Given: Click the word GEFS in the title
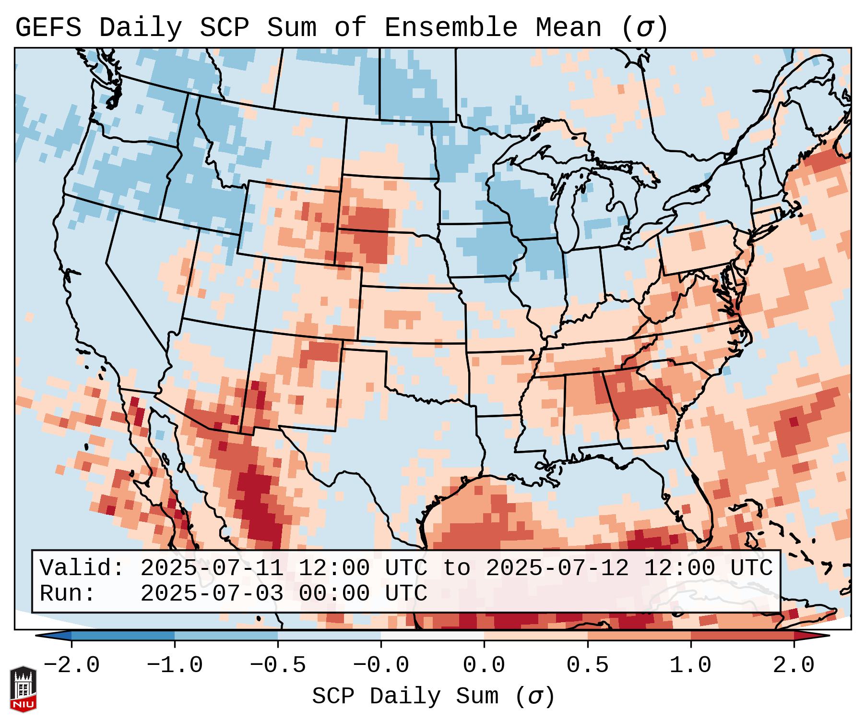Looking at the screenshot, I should (x=48, y=28).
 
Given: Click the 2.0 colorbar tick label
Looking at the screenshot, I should (x=794, y=665).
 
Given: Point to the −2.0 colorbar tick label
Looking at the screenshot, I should (x=71, y=665).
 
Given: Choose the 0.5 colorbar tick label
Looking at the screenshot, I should (x=587, y=665).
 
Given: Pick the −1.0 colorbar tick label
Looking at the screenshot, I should (x=175, y=665).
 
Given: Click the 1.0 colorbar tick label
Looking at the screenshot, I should (x=690, y=665).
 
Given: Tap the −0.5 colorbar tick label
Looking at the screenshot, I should (x=278, y=665).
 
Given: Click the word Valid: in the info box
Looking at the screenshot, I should (x=82, y=568).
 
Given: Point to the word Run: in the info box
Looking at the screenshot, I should (x=67, y=594).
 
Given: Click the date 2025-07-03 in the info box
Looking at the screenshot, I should (x=212, y=594).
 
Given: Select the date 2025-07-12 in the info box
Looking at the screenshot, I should (x=557, y=568).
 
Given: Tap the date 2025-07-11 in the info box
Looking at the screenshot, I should (x=212, y=568).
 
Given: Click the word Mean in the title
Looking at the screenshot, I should (x=569, y=28).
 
